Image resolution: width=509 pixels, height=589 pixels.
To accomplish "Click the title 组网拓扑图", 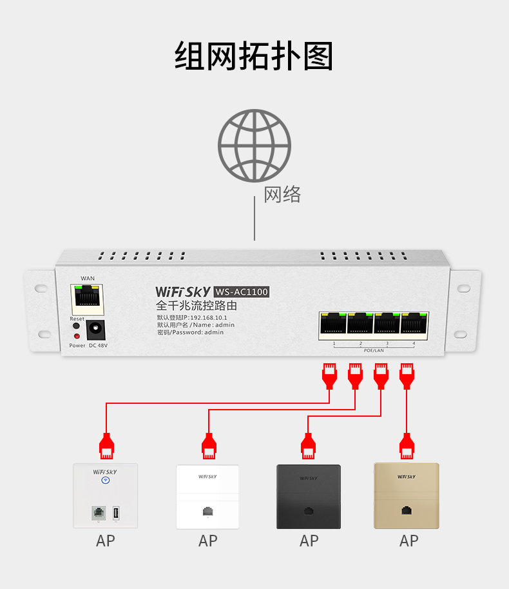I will pos(254,57).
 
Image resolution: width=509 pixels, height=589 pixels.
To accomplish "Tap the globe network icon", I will pos(254,146).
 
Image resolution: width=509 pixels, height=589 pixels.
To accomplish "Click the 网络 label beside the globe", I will pos(282,194).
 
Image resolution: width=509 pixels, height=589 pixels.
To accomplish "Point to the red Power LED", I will pos(77,336).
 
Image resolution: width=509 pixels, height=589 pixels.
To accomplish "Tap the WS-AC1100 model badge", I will pos(241,292).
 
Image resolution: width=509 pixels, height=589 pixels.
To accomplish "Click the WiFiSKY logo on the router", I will pos(182,292).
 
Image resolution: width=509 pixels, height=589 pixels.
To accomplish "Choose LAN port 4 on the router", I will pos(414,325).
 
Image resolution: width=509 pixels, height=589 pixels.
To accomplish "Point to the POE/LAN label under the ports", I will pos(374,350).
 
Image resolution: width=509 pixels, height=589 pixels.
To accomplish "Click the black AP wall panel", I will pos(309,496).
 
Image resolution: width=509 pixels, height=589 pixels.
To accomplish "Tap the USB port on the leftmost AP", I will pos(115,513).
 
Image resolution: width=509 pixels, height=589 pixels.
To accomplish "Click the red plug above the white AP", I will pos(208,446).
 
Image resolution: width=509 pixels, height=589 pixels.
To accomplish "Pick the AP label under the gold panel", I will pos(408,541).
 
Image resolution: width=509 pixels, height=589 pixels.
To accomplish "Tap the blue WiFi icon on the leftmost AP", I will pos(105,480).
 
